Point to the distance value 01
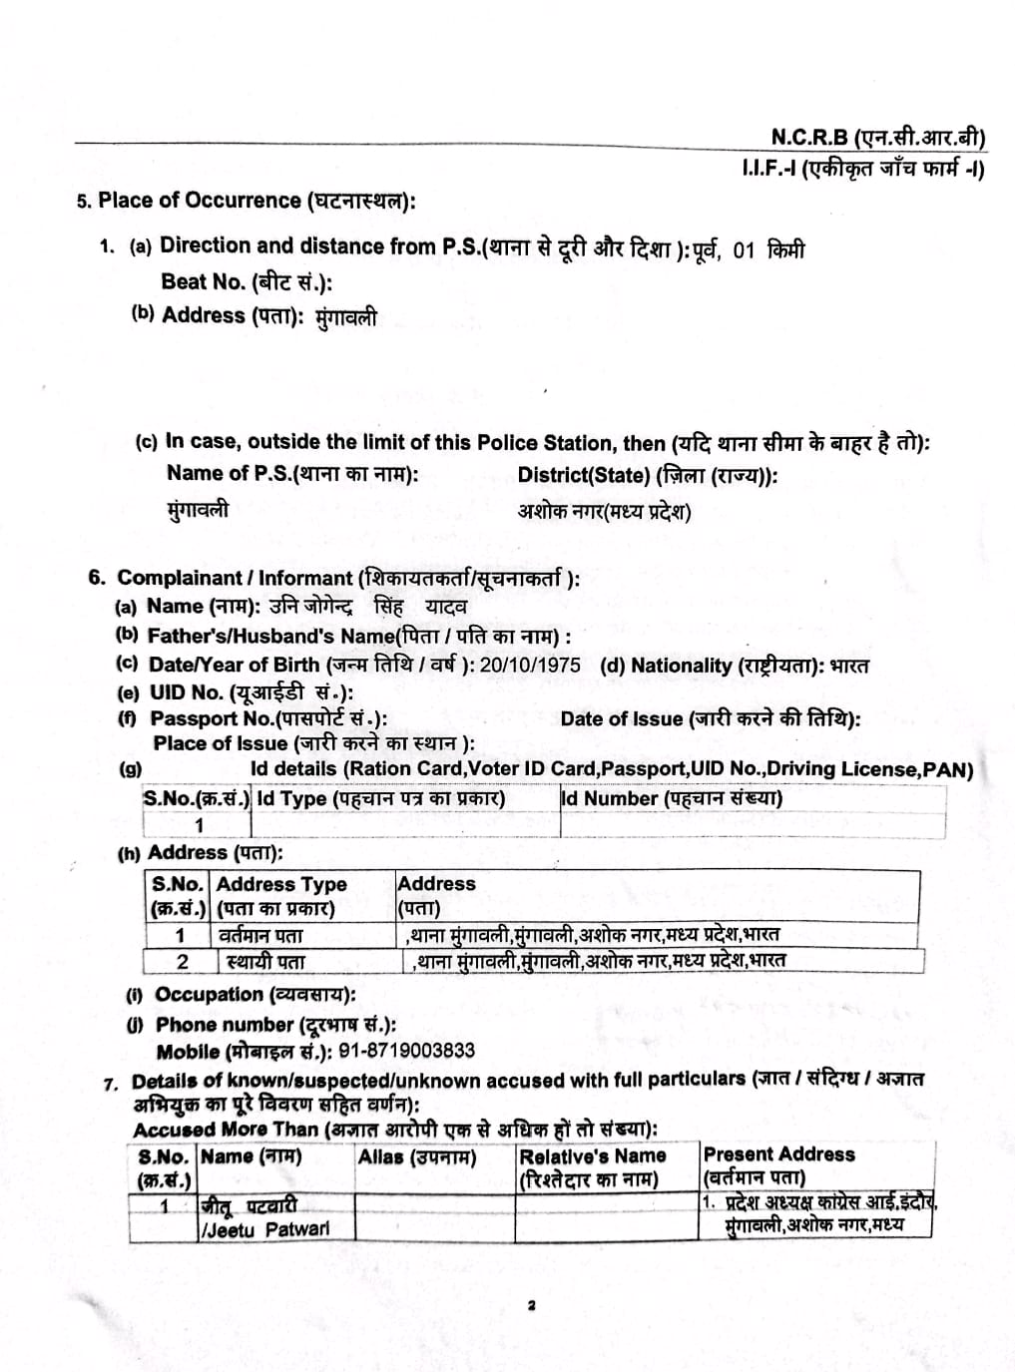tap(744, 249)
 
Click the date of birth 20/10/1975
tap(529, 665)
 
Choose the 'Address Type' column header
tap(280, 884)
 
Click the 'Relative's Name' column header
tap(592, 1155)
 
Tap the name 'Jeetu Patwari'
tap(265, 1229)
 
